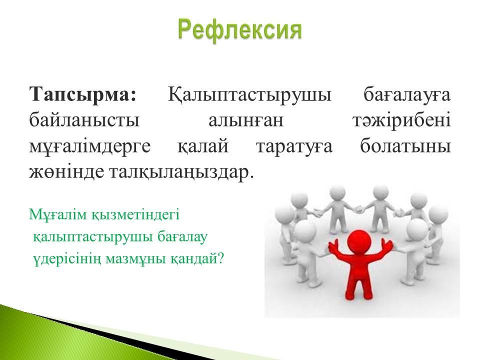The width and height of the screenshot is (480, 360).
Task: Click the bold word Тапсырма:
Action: pos(83,94)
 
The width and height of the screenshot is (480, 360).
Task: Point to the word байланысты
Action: pos(84,120)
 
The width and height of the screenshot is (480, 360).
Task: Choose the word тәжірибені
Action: pos(401,120)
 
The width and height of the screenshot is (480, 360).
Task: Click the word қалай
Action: pos(203,146)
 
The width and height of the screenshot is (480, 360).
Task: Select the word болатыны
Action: pos(405,145)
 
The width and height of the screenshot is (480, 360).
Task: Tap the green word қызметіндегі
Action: pos(135,215)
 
